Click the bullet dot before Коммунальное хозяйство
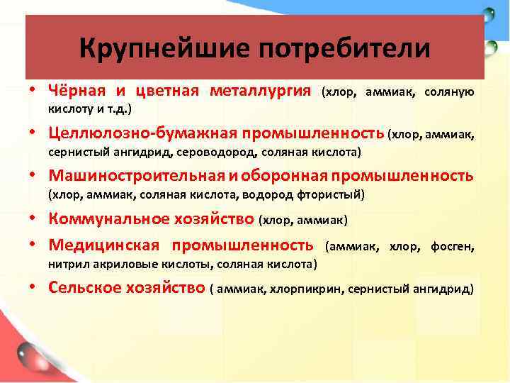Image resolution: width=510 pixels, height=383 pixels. [33, 220]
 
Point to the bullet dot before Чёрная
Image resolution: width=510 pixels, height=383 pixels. [33, 91]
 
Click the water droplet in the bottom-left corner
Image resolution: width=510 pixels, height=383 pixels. [28, 352]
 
